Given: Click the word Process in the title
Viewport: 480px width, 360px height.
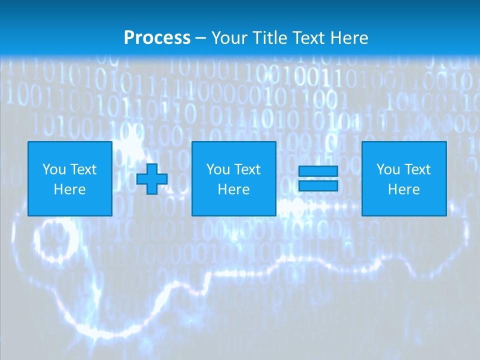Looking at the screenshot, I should pyautogui.click(x=157, y=38).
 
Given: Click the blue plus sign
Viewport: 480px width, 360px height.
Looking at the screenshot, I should pyautogui.click(x=152, y=179).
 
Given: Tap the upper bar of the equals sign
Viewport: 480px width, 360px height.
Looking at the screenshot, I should pyautogui.click(x=318, y=171).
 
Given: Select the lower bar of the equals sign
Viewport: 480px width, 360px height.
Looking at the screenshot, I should pyautogui.click(x=318, y=185).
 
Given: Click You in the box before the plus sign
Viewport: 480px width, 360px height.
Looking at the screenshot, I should pyautogui.click(x=53, y=169).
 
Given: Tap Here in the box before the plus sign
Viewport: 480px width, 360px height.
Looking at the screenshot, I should pyautogui.click(x=69, y=189).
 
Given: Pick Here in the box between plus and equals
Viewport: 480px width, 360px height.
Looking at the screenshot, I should pyautogui.click(x=233, y=189).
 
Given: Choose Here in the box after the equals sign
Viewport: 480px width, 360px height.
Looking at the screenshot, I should pyautogui.click(x=403, y=189).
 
